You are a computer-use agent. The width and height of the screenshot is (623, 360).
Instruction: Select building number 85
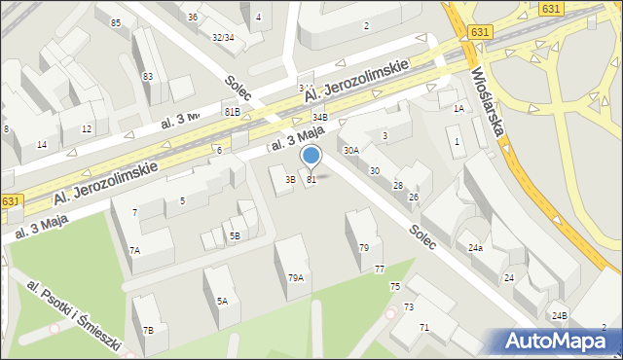[116, 22]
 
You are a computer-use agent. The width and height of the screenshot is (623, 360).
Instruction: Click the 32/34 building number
[222, 37]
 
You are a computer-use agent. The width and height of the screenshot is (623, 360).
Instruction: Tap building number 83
[148, 76]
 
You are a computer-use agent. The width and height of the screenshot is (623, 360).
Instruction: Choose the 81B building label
[232, 112]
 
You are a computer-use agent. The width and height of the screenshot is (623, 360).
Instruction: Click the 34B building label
[320, 118]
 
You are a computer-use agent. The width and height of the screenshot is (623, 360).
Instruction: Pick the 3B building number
[289, 180]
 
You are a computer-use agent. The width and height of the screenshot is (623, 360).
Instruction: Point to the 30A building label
[350, 151]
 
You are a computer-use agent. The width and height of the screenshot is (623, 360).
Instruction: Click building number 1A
[458, 109]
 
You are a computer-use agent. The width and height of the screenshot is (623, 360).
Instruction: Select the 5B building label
[234, 235]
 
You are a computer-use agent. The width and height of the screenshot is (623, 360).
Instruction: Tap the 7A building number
[135, 251]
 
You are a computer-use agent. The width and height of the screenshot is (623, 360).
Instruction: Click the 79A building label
[295, 278]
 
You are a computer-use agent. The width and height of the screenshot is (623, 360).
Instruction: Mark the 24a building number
[475, 248]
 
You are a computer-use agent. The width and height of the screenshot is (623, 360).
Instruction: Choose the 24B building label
[559, 316]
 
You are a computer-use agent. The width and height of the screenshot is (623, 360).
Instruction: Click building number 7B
[147, 330]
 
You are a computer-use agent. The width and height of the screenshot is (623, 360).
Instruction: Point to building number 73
[409, 306]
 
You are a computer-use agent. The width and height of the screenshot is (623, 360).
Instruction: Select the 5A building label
[222, 302]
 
